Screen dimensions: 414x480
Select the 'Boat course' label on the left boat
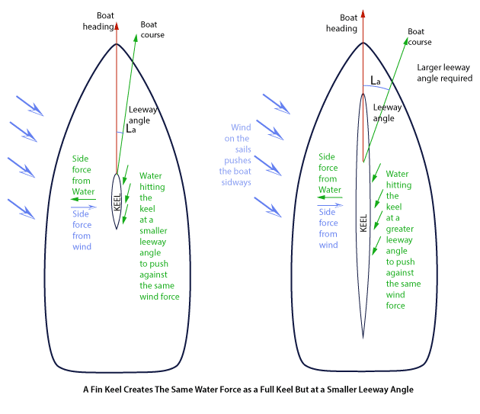tap(152, 31)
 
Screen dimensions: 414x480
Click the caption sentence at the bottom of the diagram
tap(248, 390)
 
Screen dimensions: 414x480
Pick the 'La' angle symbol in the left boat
tap(133, 131)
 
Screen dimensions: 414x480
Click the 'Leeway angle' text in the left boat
tap(143, 114)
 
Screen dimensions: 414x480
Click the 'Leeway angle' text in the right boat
tap(388, 113)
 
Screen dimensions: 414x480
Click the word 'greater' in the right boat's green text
tap(399, 229)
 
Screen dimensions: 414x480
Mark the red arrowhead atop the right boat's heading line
tap(363, 14)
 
